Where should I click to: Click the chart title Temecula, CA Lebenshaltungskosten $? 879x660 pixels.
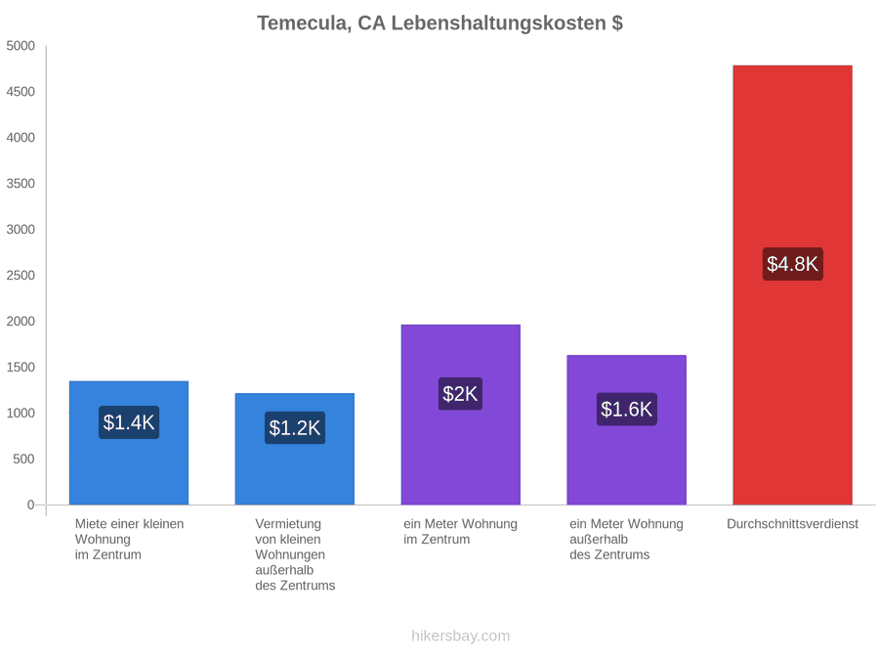pyautogui.click(x=440, y=23)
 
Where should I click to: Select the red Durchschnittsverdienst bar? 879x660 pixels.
pyautogui.click(x=793, y=286)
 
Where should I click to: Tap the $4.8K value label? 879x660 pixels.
pyautogui.click(x=793, y=264)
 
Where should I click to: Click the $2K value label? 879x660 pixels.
pyautogui.click(x=460, y=393)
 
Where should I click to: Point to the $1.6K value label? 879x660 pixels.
pyautogui.click(x=627, y=409)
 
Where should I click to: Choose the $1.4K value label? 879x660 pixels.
pyautogui.click(x=129, y=422)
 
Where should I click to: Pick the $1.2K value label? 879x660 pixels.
pyautogui.click(x=295, y=427)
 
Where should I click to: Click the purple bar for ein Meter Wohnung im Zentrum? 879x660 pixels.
pyautogui.click(x=461, y=415)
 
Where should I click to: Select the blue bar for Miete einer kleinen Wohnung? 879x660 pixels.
pyautogui.click(x=129, y=443)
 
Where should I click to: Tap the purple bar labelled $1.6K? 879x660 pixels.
pyautogui.click(x=627, y=430)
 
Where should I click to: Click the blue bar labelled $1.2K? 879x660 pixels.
pyautogui.click(x=295, y=449)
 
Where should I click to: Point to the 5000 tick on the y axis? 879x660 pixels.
pyautogui.click(x=21, y=46)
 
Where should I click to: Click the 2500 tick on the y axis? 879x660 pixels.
pyautogui.click(x=21, y=276)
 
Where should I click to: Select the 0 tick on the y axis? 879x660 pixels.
pyautogui.click(x=31, y=506)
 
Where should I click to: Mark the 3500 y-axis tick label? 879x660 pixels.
pyautogui.click(x=21, y=184)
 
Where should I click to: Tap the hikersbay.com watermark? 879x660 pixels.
pyautogui.click(x=461, y=636)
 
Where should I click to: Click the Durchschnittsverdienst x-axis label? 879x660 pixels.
pyautogui.click(x=793, y=524)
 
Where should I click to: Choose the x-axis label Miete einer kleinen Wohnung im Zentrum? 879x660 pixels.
pyautogui.click(x=130, y=540)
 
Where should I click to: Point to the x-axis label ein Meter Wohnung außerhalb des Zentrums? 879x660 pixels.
pyautogui.click(x=627, y=540)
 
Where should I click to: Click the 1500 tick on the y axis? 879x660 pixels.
pyautogui.click(x=21, y=367)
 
